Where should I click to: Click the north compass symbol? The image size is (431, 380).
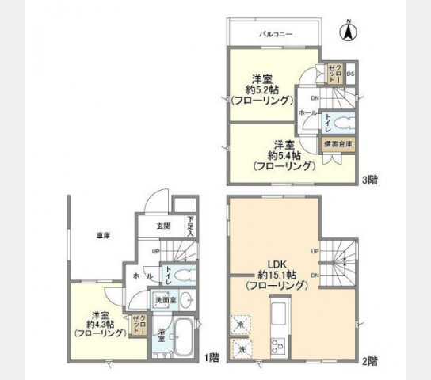(x=346, y=33)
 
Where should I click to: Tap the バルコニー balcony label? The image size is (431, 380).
(x=276, y=35)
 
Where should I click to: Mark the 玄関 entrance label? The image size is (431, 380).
(x=162, y=225)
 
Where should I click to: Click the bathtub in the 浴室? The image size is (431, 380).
(x=182, y=338)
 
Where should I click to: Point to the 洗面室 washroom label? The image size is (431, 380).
(x=165, y=301)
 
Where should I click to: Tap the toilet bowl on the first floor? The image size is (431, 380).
(x=183, y=275)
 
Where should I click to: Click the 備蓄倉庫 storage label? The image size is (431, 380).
(x=338, y=145)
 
